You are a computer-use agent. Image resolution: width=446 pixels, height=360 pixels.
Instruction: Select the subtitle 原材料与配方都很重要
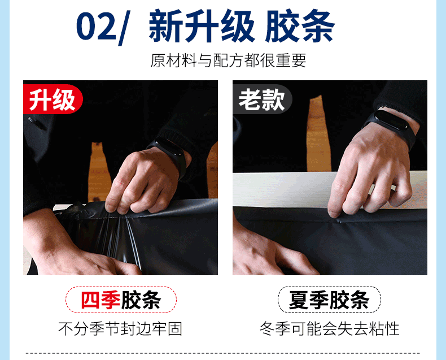228,61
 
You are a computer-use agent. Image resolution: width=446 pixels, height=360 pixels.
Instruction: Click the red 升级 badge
52,100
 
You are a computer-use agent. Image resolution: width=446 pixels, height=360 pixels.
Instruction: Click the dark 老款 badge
261,100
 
